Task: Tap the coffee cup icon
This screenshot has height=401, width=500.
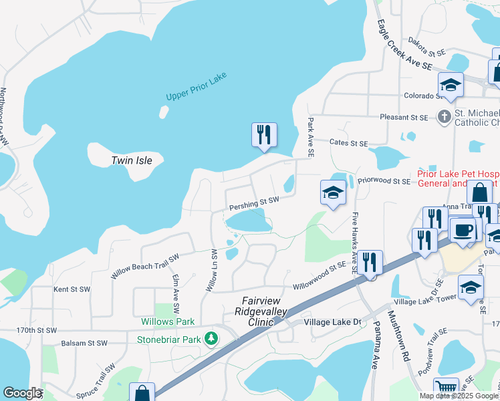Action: [463, 230]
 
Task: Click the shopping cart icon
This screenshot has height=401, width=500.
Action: [446, 388]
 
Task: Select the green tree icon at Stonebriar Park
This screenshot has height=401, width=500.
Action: [212, 339]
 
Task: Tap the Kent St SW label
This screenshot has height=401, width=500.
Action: [72, 289]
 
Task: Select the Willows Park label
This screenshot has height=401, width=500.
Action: [167, 321]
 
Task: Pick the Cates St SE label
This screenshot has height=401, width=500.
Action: [350, 143]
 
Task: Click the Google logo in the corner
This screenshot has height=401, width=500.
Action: [21, 393]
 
